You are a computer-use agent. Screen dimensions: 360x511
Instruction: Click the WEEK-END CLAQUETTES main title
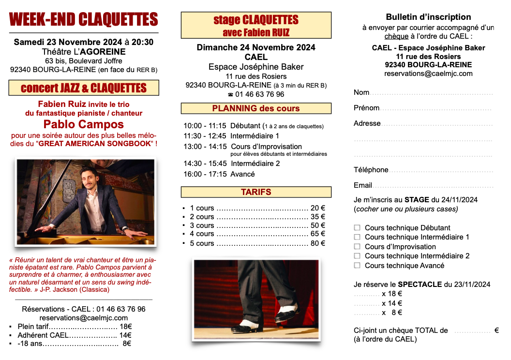pos(84,19)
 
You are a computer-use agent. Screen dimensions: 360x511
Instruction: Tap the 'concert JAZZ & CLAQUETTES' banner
pos(84,88)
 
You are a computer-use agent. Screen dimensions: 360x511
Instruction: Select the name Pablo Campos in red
pos(84,124)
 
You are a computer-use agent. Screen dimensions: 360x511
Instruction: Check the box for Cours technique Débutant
pos(357,227)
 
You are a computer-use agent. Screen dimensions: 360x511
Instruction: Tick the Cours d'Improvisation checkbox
pos(357,246)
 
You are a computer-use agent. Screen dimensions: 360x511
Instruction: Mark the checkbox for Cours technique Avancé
pos(357,265)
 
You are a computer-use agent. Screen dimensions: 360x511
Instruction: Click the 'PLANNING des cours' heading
pos(256,108)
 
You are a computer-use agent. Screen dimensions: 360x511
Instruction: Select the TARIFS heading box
pos(256,192)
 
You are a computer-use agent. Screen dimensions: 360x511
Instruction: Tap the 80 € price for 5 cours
pos(318,243)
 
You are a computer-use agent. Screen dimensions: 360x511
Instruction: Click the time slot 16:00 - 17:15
pos(205,174)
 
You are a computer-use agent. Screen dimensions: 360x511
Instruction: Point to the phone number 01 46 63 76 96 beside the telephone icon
pos(260,94)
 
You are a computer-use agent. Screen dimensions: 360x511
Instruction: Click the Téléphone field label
pos(371,170)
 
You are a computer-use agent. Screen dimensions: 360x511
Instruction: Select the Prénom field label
pos(366,108)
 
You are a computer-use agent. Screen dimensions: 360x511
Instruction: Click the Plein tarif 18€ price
pos(126,327)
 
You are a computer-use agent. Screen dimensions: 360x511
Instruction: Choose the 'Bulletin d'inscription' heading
pos(428,17)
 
